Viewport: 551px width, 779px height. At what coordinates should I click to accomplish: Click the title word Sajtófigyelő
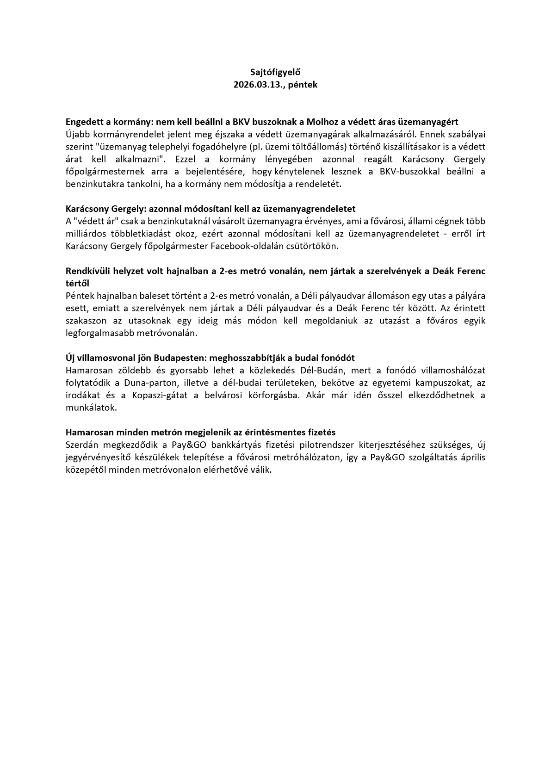[x=275, y=72]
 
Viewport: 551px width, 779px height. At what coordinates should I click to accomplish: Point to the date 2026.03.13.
[x=258, y=85]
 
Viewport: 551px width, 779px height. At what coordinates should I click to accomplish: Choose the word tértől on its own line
[x=78, y=284]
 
